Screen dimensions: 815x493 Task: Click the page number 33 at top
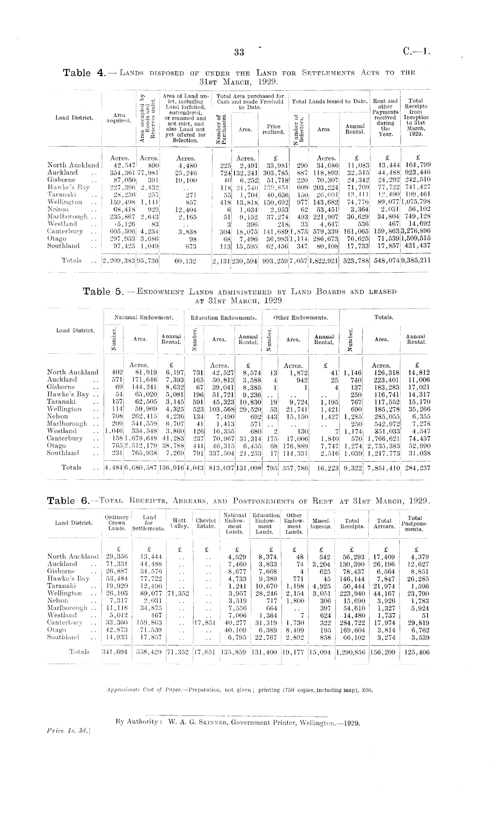(x=239, y=52)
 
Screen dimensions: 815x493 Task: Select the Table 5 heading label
(x=103, y=291)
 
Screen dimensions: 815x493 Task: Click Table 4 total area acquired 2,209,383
(x=119, y=261)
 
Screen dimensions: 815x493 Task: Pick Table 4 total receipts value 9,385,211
(x=416, y=261)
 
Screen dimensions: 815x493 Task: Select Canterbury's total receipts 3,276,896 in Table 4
(x=416, y=231)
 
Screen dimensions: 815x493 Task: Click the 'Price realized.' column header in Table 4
(x=273, y=129)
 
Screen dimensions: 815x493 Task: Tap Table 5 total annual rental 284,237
(x=418, y=468)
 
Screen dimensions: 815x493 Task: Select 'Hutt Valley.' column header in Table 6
(x=179, y=523)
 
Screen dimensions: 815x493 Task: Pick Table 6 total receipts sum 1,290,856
(x=351, y=652)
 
